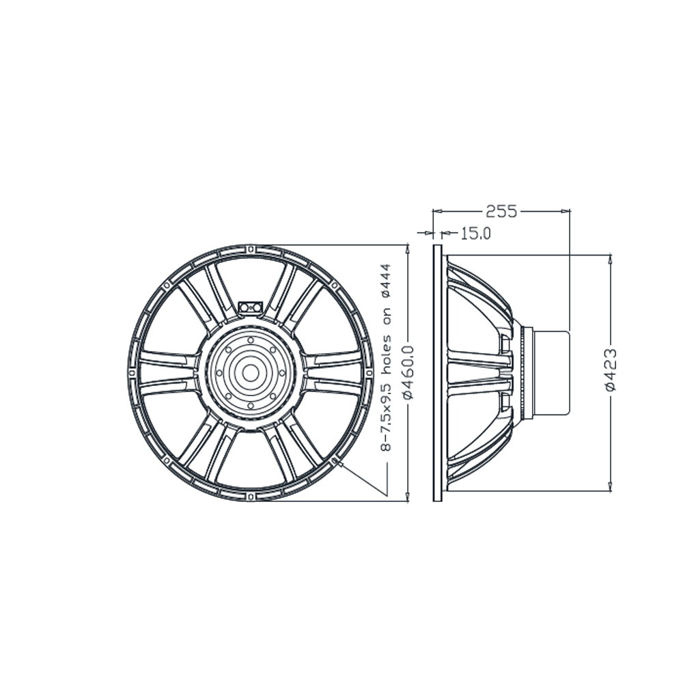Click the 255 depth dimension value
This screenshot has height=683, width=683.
pyautogui.click(x=501, y=211)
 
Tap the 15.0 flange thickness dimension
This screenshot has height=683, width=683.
pyautogui.click(x=475, y=234)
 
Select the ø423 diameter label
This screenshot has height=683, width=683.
pyautogui.click(x=611, y=370)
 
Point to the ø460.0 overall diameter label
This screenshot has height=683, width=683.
pyautogui.click(x=408, y=372)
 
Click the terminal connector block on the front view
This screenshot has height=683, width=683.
pyautogui.click(x=251, y=307)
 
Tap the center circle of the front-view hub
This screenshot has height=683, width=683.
pyautogui.click(x=251, y=373)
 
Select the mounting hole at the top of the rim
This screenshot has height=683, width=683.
pyautogui.click(x=251, y=249)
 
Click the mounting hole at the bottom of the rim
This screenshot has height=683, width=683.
pyautogui.click(x=251, y=496)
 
